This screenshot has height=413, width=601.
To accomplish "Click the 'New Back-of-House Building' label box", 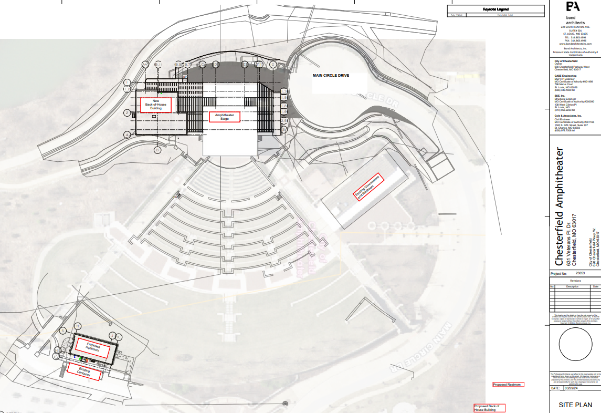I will tap(156, 104).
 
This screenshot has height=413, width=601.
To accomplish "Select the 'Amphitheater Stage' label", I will tap(225, 117).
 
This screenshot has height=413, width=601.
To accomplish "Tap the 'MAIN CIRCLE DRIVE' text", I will tap(331, 76).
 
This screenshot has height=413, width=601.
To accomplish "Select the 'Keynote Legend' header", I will tap(495, 9).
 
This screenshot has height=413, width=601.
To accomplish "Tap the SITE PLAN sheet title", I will tap(575, 405).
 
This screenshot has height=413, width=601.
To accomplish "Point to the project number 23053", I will tap(580, 274).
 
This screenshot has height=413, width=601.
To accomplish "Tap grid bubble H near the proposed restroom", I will tap(77, 326).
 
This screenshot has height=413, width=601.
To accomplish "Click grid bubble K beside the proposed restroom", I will tap(119, 336).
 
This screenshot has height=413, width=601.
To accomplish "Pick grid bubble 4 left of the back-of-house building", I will tap(127, 135).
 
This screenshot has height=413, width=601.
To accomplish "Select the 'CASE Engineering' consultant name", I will tap(565, 76).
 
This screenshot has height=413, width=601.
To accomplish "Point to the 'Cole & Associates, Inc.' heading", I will tap(568, 116).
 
